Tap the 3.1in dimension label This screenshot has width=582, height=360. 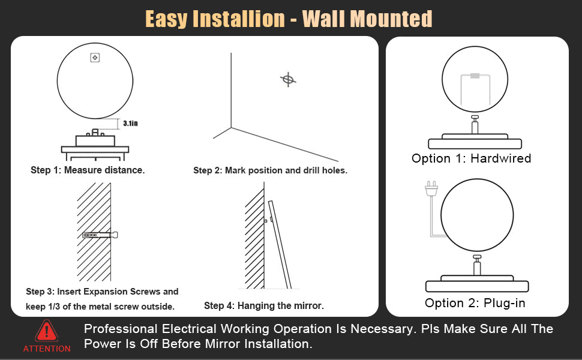click(130, 123)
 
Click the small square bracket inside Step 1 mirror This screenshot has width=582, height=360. click(95, 58)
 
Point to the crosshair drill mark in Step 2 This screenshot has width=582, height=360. click(288, 79)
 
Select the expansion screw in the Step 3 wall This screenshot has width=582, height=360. click(100, 235)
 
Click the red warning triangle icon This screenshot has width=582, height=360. click(46, 331)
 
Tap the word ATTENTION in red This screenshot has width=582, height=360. click(47, 349)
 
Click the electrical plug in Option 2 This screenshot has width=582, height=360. click(431, 189)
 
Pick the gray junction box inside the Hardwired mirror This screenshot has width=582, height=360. click(475, 76)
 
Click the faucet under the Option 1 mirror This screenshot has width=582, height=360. click(475, 125)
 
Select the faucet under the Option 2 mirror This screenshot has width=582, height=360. click(477, 265)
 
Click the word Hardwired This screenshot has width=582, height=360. click(501, 158)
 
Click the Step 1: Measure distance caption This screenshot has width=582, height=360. click(88, 170)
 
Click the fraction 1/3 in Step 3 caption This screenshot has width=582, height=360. click(54, 307)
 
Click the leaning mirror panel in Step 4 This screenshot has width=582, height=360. click(280, 245)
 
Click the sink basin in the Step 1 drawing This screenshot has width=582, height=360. click(95, 140)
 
